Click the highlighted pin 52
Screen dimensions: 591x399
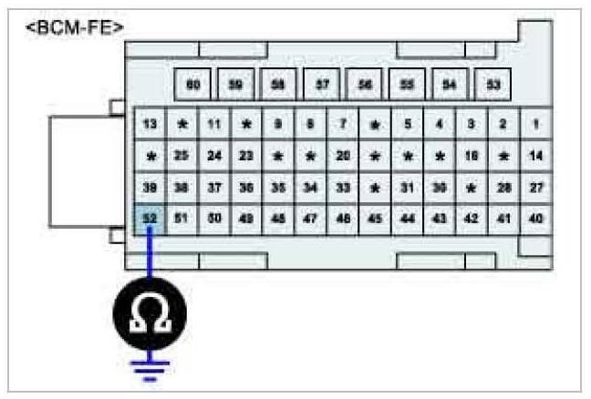tap(150, 219)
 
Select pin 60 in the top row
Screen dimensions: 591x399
tap(192, 85)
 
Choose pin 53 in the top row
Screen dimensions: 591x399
tap(493, 85)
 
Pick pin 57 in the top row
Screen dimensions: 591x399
tap(322, 85)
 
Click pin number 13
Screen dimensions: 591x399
tap(150, 123)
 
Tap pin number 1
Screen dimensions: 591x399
tap(535, 123)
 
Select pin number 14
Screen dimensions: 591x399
tap(535, 155)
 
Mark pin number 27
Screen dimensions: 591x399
tap(535, 187)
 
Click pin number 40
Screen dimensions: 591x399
tap(535, 219)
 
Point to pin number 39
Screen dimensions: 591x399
tap(150, 187)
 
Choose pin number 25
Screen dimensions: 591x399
tap(181, 155)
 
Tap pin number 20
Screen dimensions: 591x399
tap(343, 155)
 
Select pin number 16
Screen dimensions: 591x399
tap(472, 155)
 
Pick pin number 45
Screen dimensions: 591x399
tap(375, 219)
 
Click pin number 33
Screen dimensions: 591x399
tap(343, 187)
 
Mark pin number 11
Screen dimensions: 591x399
tap(214, 123)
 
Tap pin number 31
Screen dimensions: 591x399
tap(408, 187)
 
